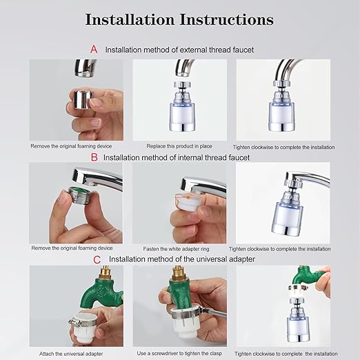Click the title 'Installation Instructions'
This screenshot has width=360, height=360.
click(179, 19)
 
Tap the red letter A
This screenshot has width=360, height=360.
click(94, 50)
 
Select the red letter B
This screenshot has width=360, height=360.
click(94, 157)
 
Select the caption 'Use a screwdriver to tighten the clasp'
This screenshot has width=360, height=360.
click(179, 352)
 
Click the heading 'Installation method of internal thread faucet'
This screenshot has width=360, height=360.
click(177, 157)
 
